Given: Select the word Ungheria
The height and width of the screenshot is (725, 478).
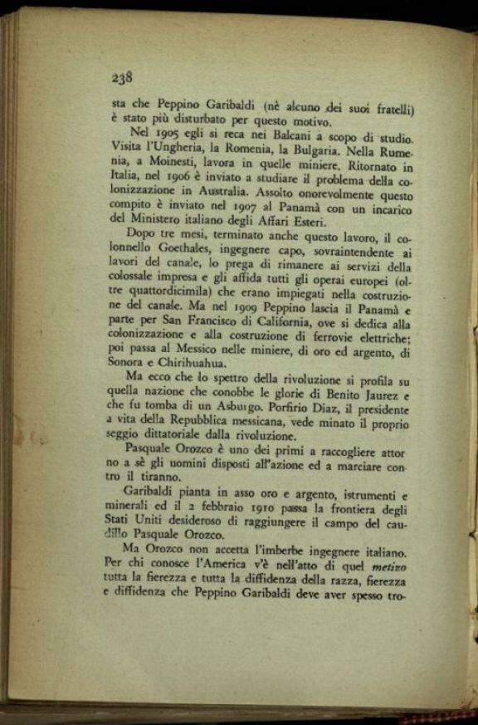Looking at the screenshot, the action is point(193,152).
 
